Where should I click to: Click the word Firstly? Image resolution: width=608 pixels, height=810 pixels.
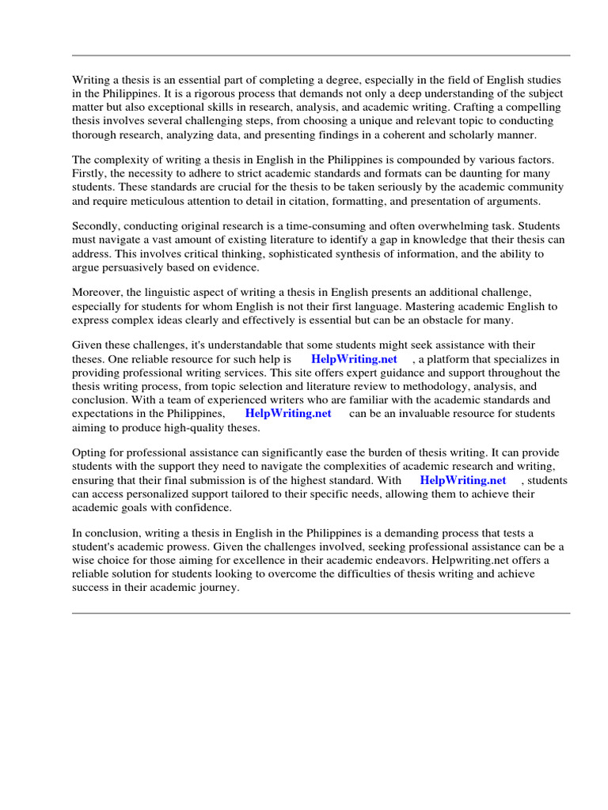pyautogui.click(x=89, y=173)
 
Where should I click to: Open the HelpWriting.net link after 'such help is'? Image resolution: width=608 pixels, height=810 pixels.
pyautogui.click(x=354, y=359)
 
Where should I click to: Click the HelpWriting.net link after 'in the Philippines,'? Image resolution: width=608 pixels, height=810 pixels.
pyautogui.click(x=288, y=414)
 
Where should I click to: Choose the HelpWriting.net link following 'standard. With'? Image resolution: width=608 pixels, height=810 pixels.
pyautogui.click(x=462, y=480)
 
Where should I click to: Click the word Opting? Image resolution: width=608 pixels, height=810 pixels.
pyautogui.click(x=89, y=453)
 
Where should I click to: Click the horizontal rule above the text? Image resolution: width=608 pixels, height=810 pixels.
pyautogui.click(x=321, y=55)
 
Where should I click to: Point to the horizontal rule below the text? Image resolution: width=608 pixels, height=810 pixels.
pyautogui.click(x=321, y=613)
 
